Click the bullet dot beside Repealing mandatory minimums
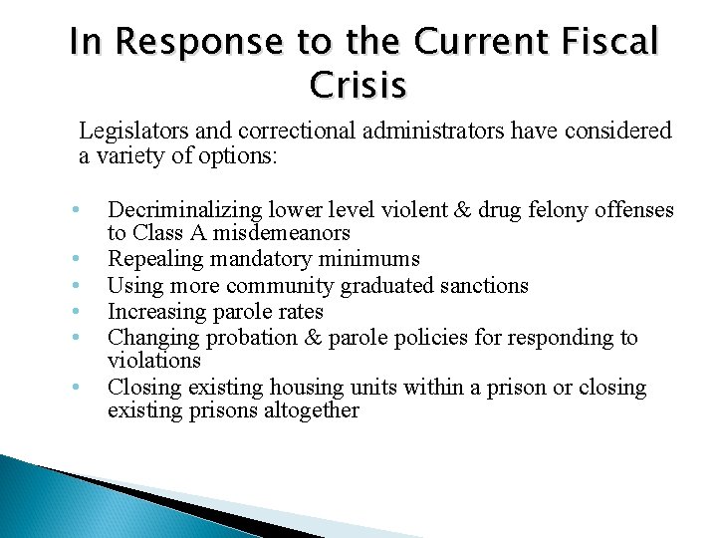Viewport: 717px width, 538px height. tap(75, 260)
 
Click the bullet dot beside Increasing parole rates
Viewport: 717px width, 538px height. tap(75, 312)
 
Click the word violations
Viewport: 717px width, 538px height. tap(153, 360)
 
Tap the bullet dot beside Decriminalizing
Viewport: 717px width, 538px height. tap(75, 210)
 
